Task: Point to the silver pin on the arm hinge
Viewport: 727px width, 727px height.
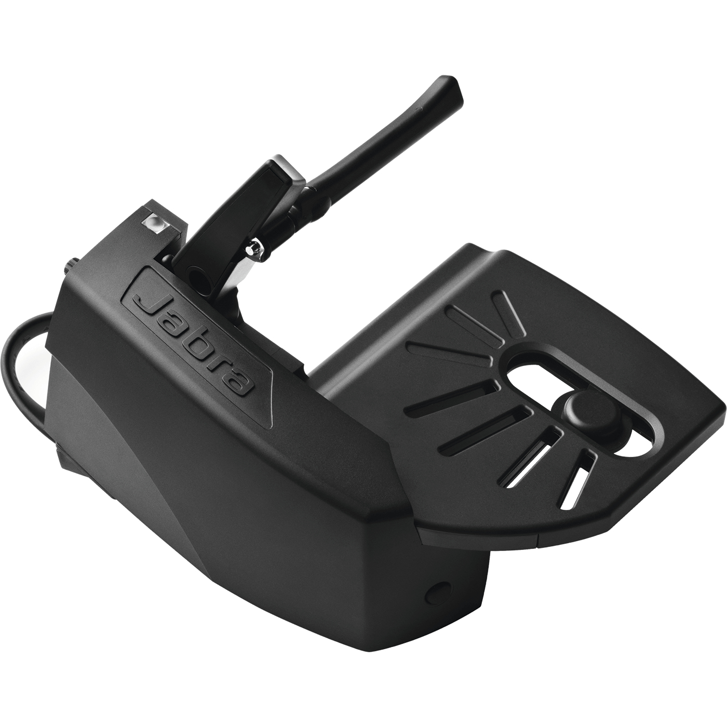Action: pos(254,248)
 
